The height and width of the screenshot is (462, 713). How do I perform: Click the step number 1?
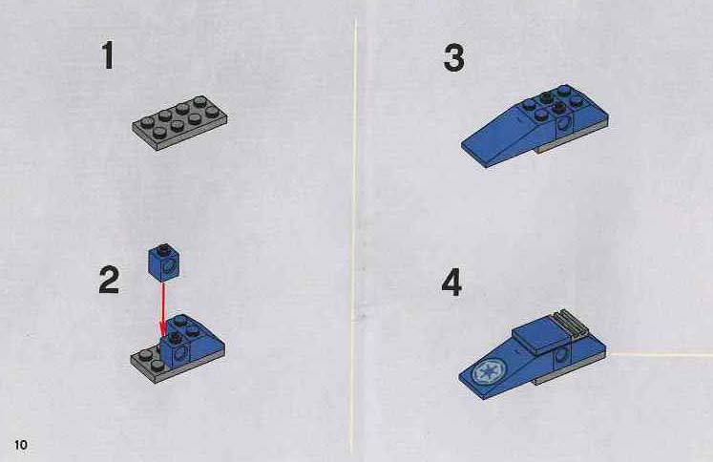108,55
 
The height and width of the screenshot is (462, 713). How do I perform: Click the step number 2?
109,280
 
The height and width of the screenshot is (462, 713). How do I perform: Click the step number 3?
453,57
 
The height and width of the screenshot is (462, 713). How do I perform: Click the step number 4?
451,283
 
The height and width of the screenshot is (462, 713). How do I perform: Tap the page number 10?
21,444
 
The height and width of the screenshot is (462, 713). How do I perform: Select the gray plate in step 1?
180,122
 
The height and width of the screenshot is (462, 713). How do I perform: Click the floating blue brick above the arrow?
164,262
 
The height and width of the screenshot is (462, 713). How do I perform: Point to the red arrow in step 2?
163,309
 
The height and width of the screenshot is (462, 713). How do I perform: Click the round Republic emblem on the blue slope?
488,372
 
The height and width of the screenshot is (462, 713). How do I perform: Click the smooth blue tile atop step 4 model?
540,337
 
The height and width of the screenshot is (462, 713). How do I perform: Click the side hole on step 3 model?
565,124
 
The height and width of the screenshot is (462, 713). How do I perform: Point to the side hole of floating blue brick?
171,266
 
